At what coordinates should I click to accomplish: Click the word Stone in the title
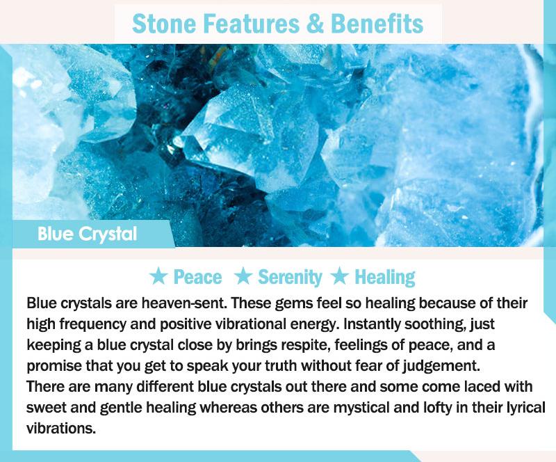[x=164, y=24]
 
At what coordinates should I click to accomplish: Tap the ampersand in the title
[x=315, y=24]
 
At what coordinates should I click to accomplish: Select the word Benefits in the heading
[x=377, y=24]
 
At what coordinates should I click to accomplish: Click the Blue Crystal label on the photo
[x=88, y=234]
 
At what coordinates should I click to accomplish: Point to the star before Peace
[x=158, y=276]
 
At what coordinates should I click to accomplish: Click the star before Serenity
[x=243, y=276]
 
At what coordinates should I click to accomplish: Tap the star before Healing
[x=340, y=276]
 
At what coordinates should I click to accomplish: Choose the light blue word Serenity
[x=290, y=278]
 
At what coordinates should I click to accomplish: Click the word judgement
[x=441, y=366]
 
